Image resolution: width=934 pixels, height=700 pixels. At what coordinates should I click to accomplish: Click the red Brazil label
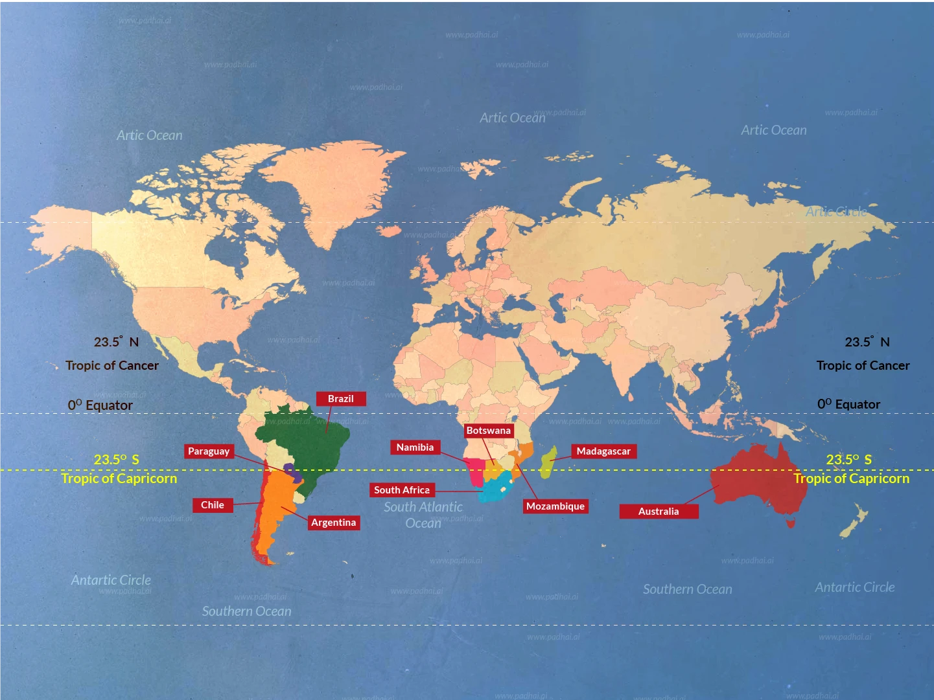click(341, 399)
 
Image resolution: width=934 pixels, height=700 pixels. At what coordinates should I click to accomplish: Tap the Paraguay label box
click(209, 451)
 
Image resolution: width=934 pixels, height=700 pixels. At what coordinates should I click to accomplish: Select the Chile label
click(213, 505)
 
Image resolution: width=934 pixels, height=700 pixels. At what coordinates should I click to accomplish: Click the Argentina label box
click(333, 523)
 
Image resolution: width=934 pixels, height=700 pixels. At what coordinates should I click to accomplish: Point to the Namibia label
click(415, 447)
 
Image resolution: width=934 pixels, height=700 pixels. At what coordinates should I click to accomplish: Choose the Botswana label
click(489, 431)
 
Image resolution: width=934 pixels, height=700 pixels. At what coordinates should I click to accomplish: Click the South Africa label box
click(402, 490)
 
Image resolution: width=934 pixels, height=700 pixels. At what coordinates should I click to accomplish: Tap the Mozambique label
click(555, 506)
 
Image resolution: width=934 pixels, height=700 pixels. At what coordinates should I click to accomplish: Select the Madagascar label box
click(603, 451)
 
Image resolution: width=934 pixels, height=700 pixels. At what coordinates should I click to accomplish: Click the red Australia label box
click(659, 512)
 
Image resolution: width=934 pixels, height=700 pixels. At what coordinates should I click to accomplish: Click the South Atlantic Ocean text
click(423, 515)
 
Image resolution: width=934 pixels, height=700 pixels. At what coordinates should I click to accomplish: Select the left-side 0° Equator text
click(100, 405)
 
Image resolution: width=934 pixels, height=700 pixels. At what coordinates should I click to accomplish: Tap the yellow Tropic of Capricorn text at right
click(851, 479)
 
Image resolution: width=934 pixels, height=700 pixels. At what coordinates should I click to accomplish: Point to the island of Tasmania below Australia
click(791, 521)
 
